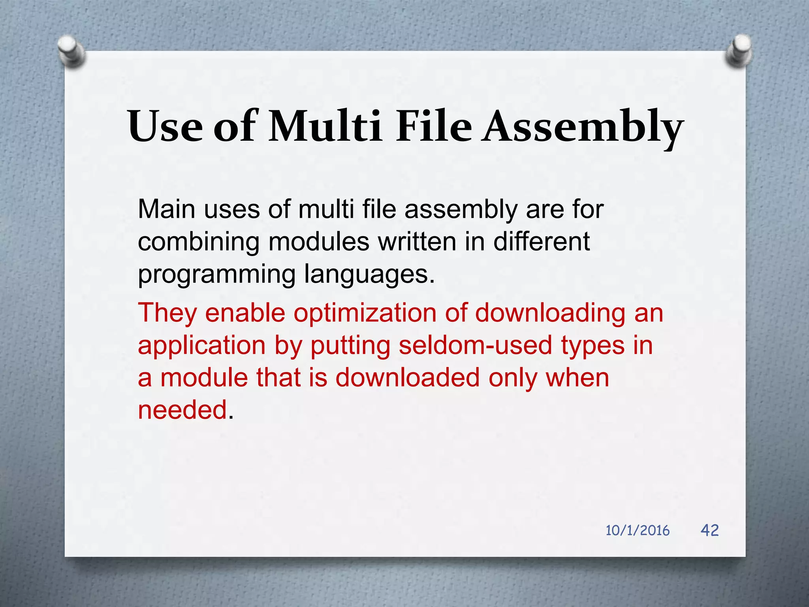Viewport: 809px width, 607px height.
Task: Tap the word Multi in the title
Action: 325,126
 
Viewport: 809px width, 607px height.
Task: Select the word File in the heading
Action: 433,126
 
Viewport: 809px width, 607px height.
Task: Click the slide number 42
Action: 709,530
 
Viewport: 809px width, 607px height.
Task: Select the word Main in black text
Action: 166,209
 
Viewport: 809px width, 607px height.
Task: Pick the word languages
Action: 369,275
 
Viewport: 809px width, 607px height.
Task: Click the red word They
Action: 167,313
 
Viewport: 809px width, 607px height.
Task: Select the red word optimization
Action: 364,313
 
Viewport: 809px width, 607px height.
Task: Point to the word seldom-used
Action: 475,345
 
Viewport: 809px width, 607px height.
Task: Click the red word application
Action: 201,346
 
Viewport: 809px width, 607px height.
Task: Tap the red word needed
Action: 182,410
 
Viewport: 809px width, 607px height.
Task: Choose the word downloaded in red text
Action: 407,377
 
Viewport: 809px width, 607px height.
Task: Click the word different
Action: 541,242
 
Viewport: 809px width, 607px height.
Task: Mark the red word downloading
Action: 550,313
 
